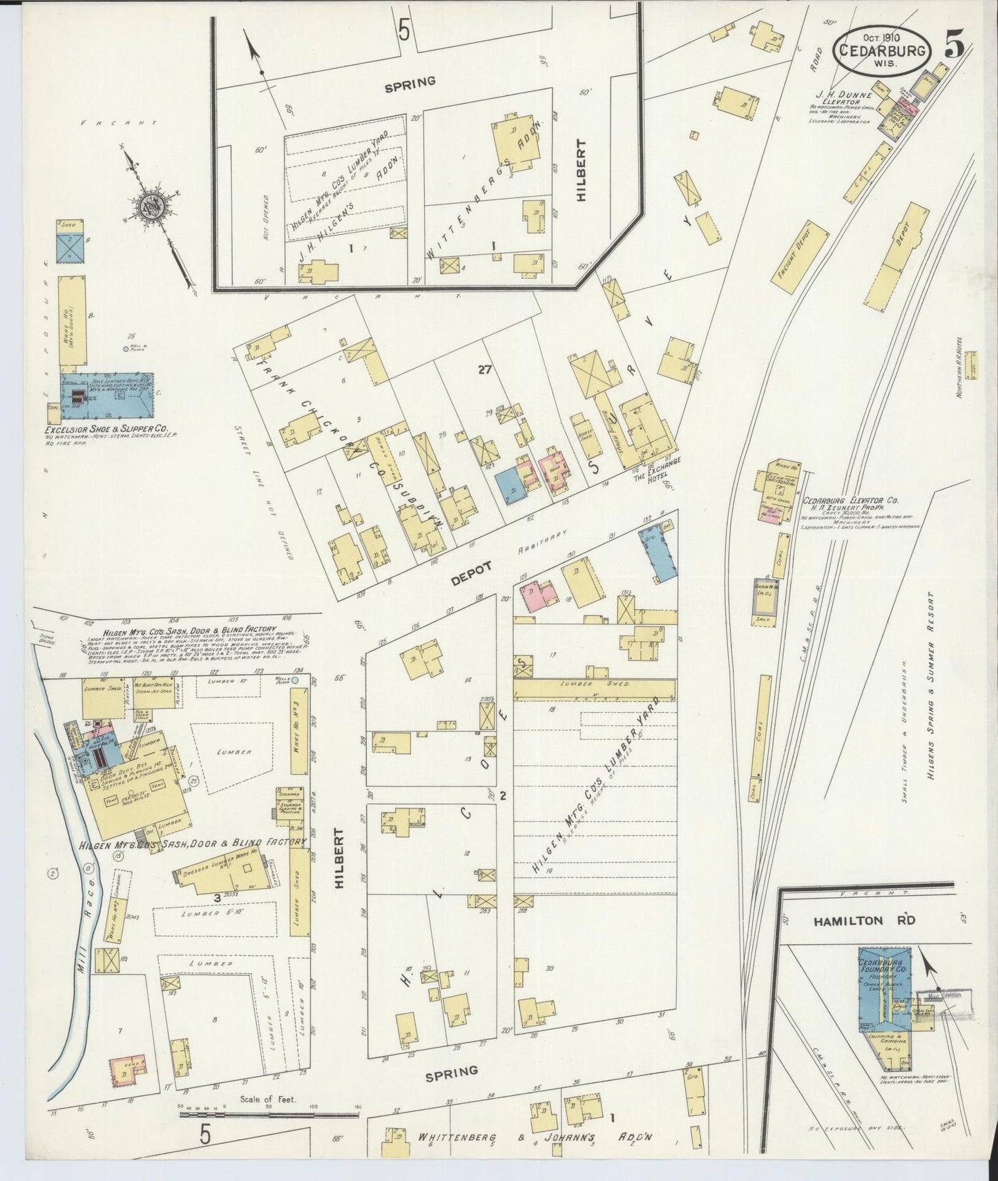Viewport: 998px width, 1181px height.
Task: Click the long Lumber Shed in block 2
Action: click(594, 689)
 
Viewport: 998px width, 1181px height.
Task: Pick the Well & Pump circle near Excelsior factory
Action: click(125, 349)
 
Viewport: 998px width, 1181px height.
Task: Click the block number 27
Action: click(483, 370)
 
